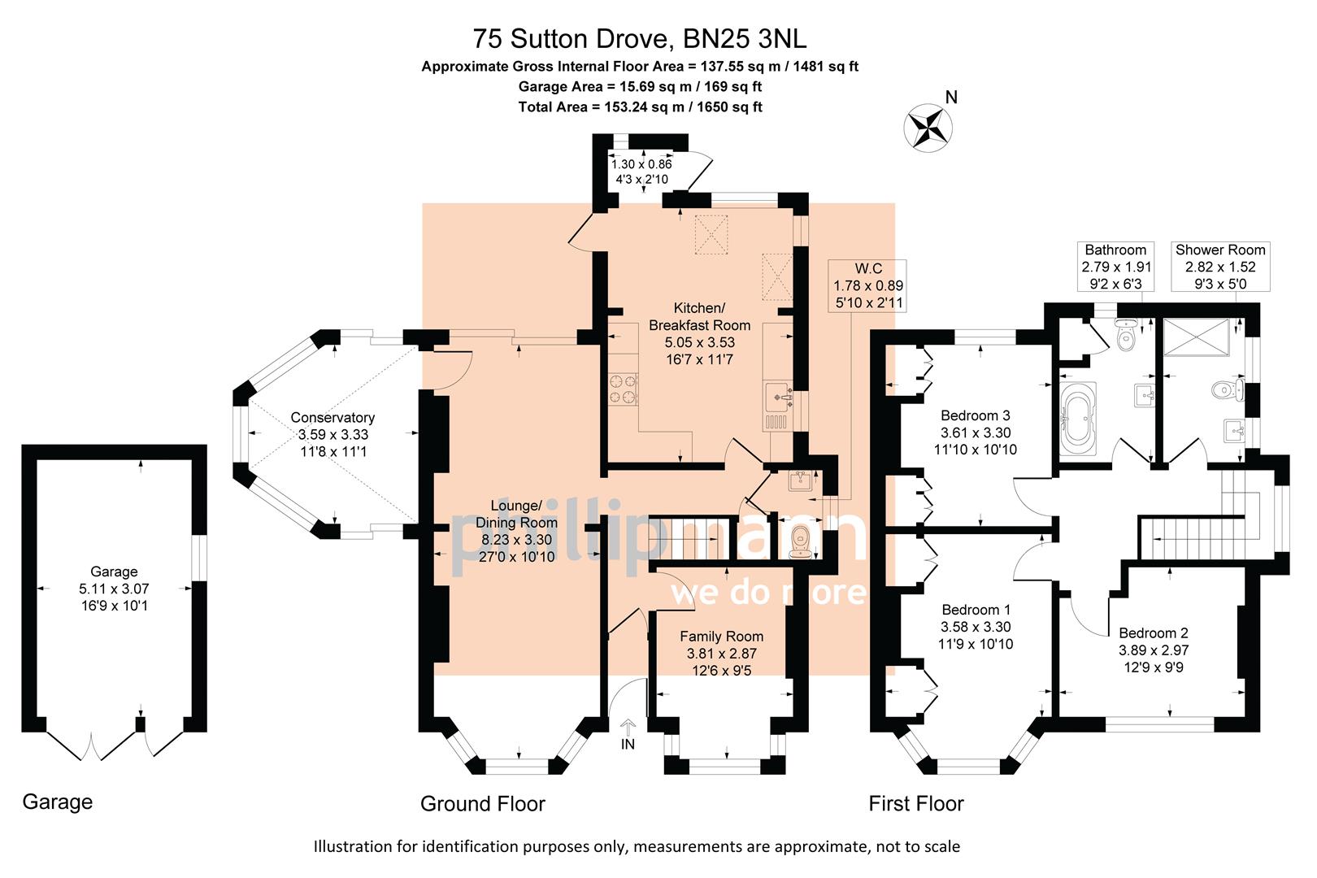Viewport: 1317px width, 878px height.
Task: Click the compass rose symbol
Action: click(x=928, y=128)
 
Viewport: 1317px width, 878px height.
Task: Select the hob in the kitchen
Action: click(x=623, y=388)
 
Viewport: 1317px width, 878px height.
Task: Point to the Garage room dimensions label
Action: click(x=114, y=589)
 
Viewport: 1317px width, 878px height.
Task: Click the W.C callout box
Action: click(x=867, y=285)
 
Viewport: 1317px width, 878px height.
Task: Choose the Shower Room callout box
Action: click(x=1219, y=267)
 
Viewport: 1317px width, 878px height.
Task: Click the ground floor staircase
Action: click(x=689, y=538)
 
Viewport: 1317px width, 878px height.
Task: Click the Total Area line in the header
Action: click(x=640, y=106)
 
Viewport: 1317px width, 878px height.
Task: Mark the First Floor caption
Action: click(x=915, y=804)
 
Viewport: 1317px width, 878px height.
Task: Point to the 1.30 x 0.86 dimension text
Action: click(x=641, y=164)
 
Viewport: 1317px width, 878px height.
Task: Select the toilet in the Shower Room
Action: click(x=1225, y=390)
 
